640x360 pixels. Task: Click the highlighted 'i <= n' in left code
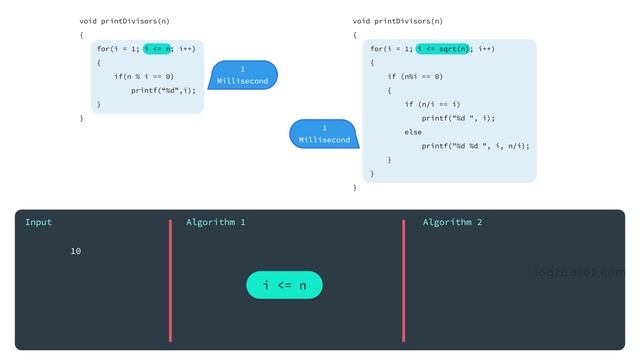[x=158, y=48]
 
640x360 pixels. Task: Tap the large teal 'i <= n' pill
[x=284, y=285]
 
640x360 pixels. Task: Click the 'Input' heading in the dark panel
[x=38, y=222]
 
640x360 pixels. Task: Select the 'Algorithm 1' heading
[x=215, y=222]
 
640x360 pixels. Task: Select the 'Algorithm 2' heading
[x=452, y=222]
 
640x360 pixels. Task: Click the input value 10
[x=76, y=251]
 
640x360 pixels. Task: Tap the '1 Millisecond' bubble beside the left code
[x=243, y=75]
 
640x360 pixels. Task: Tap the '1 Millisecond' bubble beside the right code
[x=324, y=134]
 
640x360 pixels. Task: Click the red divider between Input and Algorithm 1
[x=171, y=280]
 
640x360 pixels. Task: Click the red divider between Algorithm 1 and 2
[x=404, y=280]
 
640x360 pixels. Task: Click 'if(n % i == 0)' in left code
[x=143, y=76]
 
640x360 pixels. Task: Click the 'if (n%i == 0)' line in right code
[x=415, y=76]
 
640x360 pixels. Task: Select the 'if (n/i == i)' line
[x=432, y=104]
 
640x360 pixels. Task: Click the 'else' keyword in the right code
[x=413, y=132]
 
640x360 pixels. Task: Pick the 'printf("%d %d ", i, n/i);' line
[x=475, y=146]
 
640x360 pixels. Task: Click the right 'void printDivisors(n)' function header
[x=398, y=20]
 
